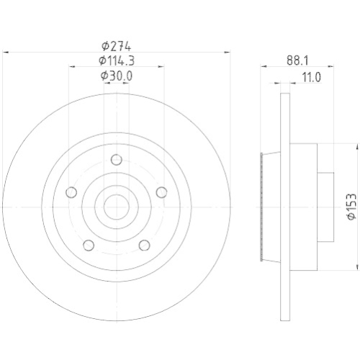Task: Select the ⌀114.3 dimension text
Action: [x=116, y=60]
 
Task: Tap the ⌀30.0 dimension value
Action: [x=116, y=76]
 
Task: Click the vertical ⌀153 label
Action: [x=351, y=205]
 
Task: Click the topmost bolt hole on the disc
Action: [x=116, y=160]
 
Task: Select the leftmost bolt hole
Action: [x=71, y=192]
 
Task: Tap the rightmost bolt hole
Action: [x=161, y=192]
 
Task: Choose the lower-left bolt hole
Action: [x=88, y=245]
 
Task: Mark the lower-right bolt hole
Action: [x=144, y=245]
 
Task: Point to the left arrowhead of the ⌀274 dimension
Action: [x=7, y=52]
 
